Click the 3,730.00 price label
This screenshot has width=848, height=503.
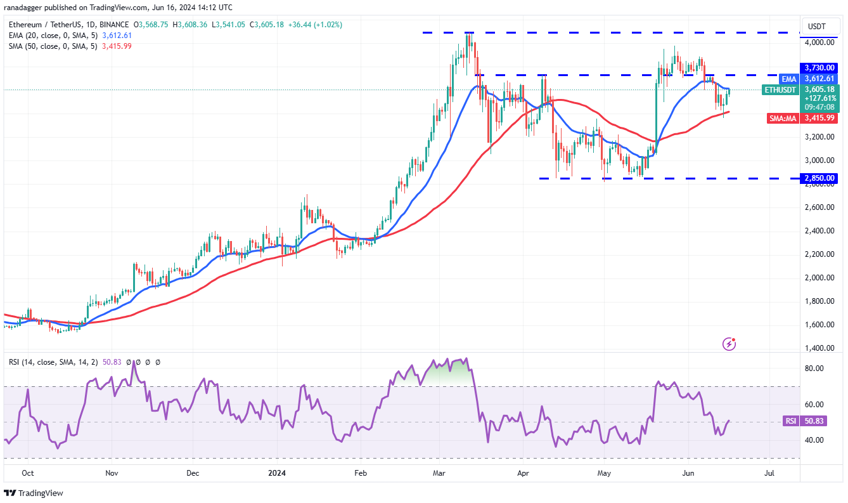pos(821,67)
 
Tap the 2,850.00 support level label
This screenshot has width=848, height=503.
pos(821,178)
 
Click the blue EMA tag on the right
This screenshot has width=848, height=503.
pos(789,79)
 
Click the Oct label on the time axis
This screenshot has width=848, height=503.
pos(27,473)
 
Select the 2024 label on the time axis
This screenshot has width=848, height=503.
pos(277,473)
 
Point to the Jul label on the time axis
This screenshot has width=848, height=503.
pos(769,473)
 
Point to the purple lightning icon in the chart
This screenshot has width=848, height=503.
pos(729,344)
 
